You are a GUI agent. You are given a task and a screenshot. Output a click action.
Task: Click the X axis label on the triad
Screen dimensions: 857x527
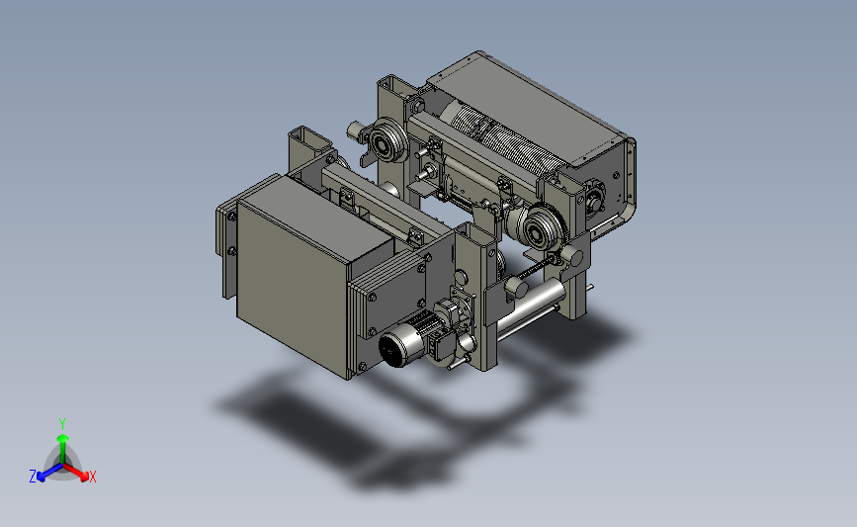[x=92, y=477]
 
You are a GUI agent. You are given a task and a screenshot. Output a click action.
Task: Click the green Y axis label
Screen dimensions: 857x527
[x=62, y=424]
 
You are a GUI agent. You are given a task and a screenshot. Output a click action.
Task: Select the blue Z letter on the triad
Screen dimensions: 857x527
[x=33, y=477]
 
